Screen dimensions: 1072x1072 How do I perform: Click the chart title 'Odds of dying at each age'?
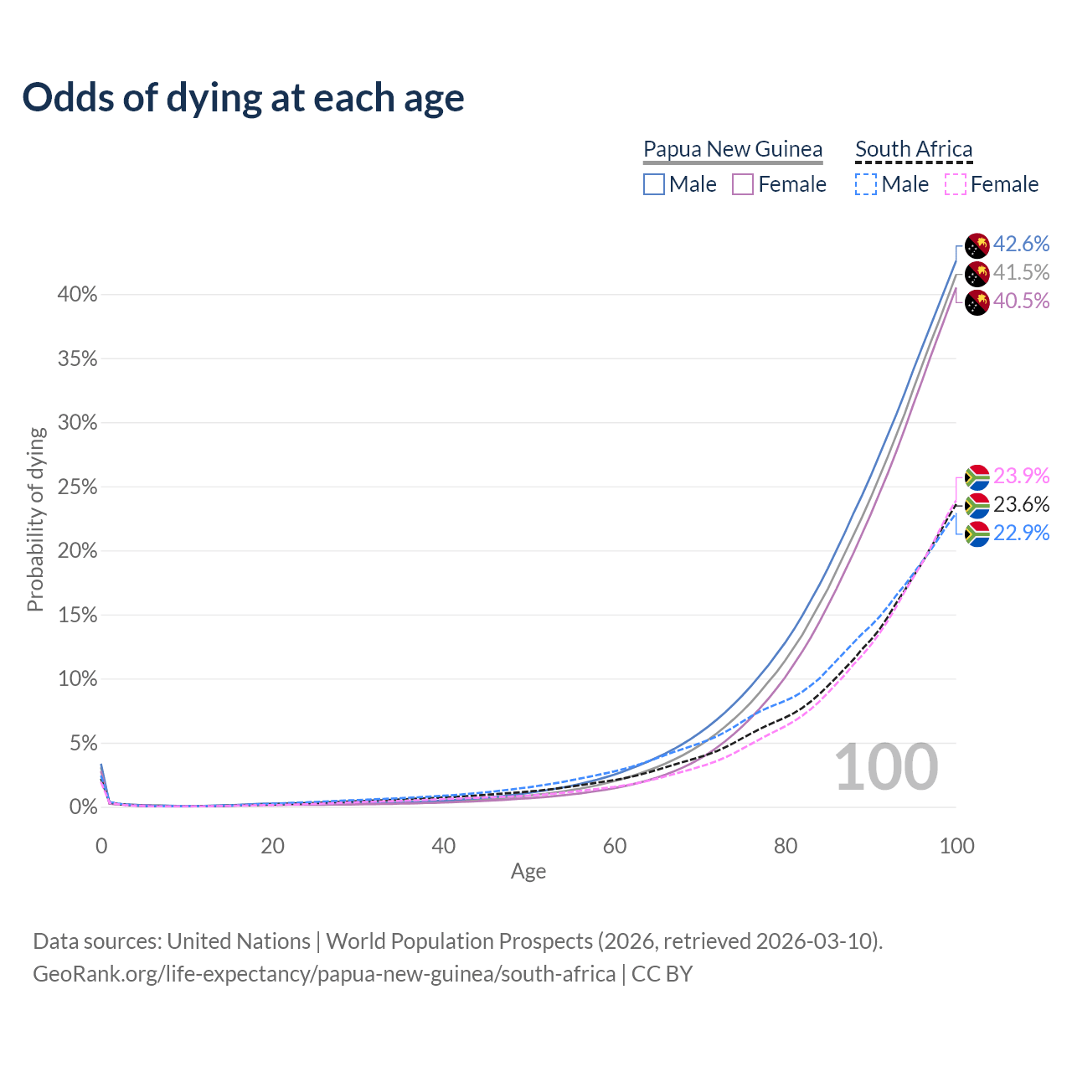243,98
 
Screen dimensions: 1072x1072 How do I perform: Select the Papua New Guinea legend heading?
733,149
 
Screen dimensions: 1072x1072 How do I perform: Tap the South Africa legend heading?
914,149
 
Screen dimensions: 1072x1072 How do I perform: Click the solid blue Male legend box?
654,184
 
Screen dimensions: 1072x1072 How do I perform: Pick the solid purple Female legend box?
744,184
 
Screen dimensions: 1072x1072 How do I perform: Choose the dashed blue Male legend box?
866,184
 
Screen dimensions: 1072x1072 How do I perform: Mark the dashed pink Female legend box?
956,184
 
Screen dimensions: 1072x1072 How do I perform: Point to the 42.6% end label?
1021,244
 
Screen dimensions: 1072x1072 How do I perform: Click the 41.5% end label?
1021,272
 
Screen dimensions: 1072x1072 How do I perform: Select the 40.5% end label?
1021,301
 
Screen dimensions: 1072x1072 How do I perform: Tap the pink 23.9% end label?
1021,476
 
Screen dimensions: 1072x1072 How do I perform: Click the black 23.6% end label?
1021,504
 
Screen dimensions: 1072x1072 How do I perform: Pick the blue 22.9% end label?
1021,533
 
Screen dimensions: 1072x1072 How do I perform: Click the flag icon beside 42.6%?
977,245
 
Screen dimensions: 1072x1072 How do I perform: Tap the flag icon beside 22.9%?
977,534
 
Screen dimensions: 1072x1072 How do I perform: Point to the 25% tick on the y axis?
78,487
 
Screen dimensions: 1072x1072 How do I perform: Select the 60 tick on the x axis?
615,846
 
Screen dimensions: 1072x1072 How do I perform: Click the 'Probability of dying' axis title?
35,519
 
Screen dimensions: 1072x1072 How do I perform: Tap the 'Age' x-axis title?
528,872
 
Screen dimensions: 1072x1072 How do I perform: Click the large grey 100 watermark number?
886,767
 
